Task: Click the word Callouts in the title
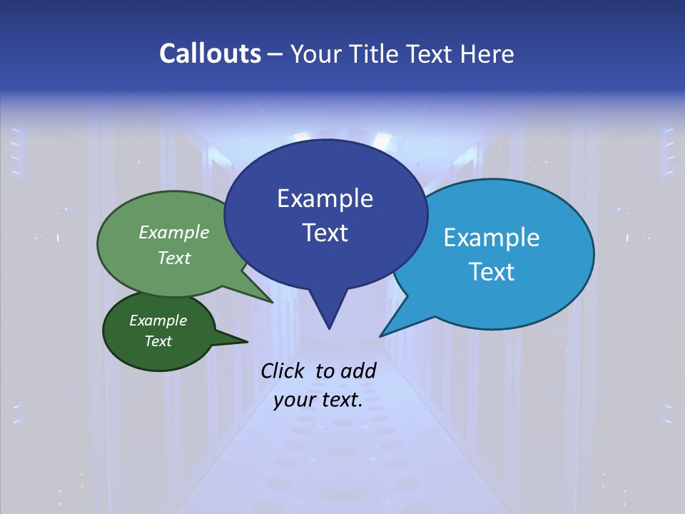pyautogui.click(x=210, y=54)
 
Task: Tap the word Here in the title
pyautogui.click(x=486, y=54)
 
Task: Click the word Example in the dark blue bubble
pyautogui.click(x=325, y=198)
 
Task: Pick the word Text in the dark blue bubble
pyautogui.click(x=325, y=233)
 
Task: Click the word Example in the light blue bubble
pyautogui.click(x=492, y=238)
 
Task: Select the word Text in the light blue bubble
pyautogui.click(x=492, y=272)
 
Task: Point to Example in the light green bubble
pyautogui.click(x=174, y=233)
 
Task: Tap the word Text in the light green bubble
pyautogui.click(x=174, y=258)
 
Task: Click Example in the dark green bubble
pyautogui.click(x=158, y=321)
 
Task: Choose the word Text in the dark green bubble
pyautogui.click(x=158, y=341)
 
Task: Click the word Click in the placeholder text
pyautogui.click(x=284, y=371)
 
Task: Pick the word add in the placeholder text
pyautogui.click(x=358, y=371)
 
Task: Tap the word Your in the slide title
pyautogui.click(x=316, y=54)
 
